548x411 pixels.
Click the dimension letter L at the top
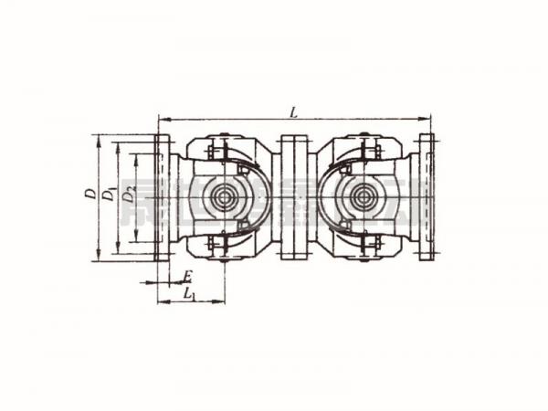pyautogui.click(x=292, y=111)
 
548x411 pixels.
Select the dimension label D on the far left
pyautogui.click(x=89, y=194)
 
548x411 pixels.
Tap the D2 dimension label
pyautogui.click(x=130, y=195)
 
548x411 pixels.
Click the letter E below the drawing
pyautogui.click(x=186, y=275)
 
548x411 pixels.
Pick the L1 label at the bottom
pyautogui.click(x=189, y=293)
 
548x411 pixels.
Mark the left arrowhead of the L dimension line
pyautogui.click(x=162, y=118)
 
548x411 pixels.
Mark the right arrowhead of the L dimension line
pyautogui.click(x=428, y=118)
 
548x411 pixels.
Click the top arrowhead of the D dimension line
pyautogui.click(x=96, y=137)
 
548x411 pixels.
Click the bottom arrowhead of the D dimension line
pyautogui.click(x=96, y=259)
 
